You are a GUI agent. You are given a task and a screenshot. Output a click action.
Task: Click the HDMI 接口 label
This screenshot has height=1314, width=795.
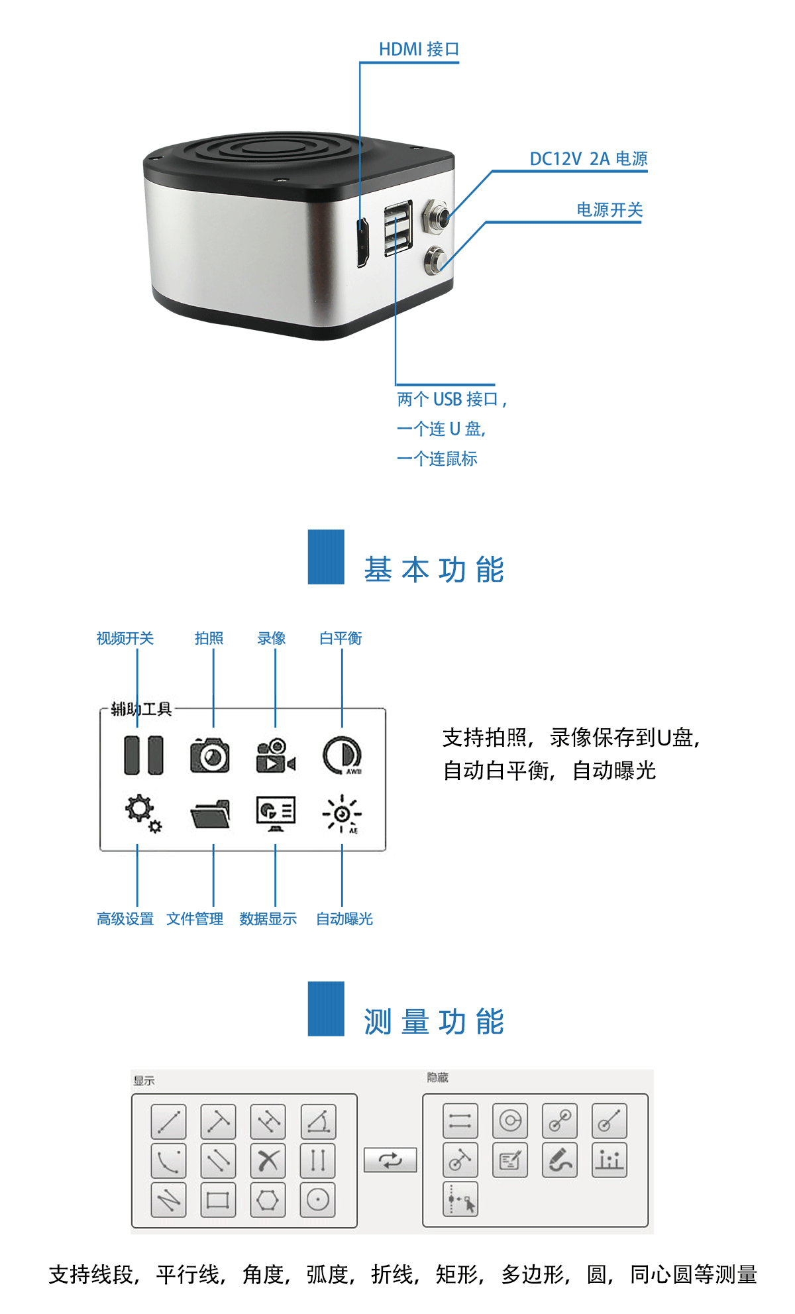(x=419, y=50)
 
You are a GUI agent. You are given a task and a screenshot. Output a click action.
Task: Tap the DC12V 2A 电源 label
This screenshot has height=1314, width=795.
(x=588, y=159)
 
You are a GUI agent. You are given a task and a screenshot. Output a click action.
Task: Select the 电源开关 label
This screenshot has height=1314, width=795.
(x=609, y=210)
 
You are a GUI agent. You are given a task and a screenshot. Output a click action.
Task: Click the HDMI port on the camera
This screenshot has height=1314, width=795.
(x=362, y=243)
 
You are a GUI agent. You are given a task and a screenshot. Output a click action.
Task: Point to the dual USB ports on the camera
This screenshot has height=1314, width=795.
(x=398, y=227)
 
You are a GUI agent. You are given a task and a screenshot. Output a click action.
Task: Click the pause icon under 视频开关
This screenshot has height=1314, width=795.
(x=144, y=755)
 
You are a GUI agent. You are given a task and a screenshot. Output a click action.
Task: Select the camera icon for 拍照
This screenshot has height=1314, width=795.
(x=210, y=755)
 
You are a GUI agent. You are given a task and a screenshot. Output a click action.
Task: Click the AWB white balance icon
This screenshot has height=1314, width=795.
(x=343, y=755)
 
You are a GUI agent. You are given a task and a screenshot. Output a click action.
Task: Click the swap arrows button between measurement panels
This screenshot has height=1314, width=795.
(x=390, y=1160)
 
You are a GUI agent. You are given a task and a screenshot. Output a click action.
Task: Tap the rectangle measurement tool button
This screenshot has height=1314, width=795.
(x=218, y=1200)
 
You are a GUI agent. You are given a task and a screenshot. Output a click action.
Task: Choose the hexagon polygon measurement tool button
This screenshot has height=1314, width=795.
(x=268, y=1200)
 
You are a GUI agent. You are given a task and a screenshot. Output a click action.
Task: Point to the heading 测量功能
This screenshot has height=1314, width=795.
(x=435, y=1022)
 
